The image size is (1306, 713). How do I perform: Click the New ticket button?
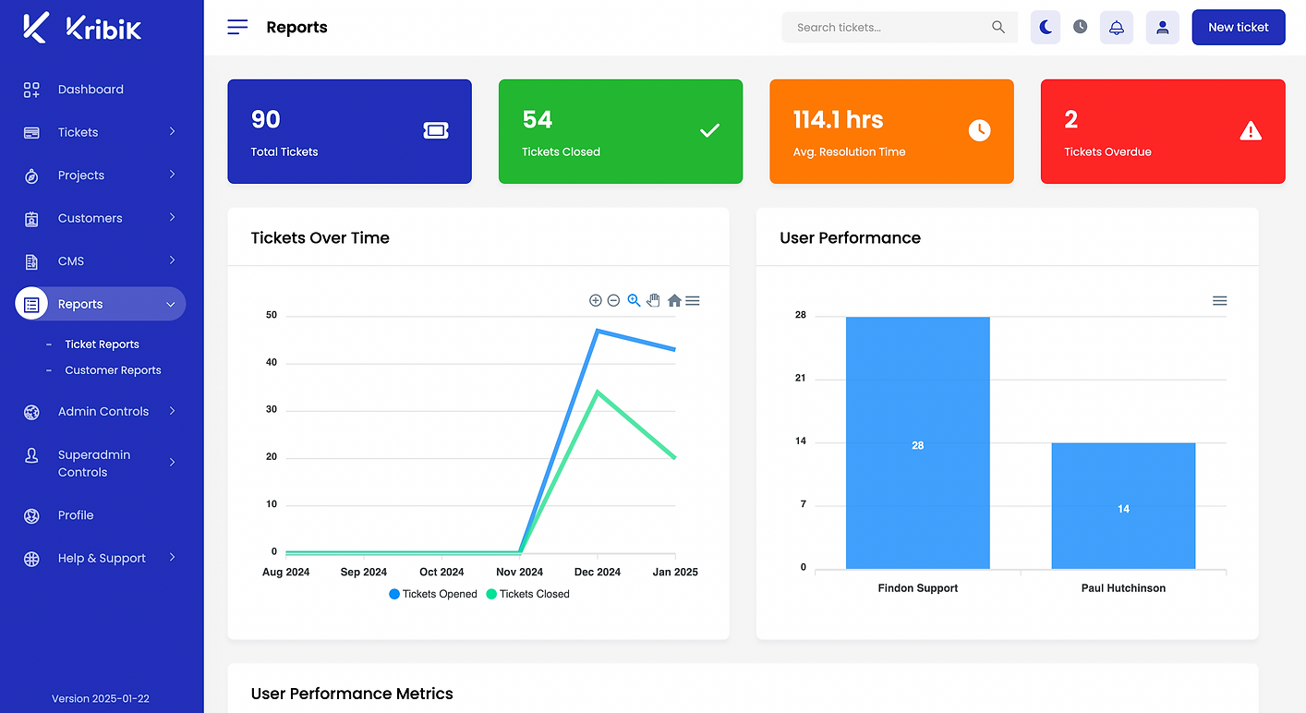1238,28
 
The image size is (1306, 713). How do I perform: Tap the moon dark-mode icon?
1046,28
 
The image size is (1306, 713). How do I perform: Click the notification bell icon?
1116,28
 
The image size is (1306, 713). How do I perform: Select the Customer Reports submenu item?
113,370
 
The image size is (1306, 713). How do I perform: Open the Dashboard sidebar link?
91,90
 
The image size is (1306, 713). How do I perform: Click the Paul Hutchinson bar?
1123,505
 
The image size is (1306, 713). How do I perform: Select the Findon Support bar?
918,442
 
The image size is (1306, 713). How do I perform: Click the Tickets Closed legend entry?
527,594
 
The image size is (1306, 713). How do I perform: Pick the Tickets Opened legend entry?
432,594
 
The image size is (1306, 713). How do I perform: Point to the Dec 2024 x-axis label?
597,572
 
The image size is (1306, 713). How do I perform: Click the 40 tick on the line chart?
272,362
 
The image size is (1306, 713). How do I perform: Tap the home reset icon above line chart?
674,300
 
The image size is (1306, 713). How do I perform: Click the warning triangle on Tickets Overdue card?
1250,130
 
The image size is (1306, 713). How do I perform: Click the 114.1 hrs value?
838,119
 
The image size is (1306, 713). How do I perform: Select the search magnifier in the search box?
998,27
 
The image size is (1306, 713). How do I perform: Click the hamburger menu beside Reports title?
237,27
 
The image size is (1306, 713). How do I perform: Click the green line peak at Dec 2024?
598,392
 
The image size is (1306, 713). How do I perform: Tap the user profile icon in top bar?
1162,28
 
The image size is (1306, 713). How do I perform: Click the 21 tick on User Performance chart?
800,378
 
